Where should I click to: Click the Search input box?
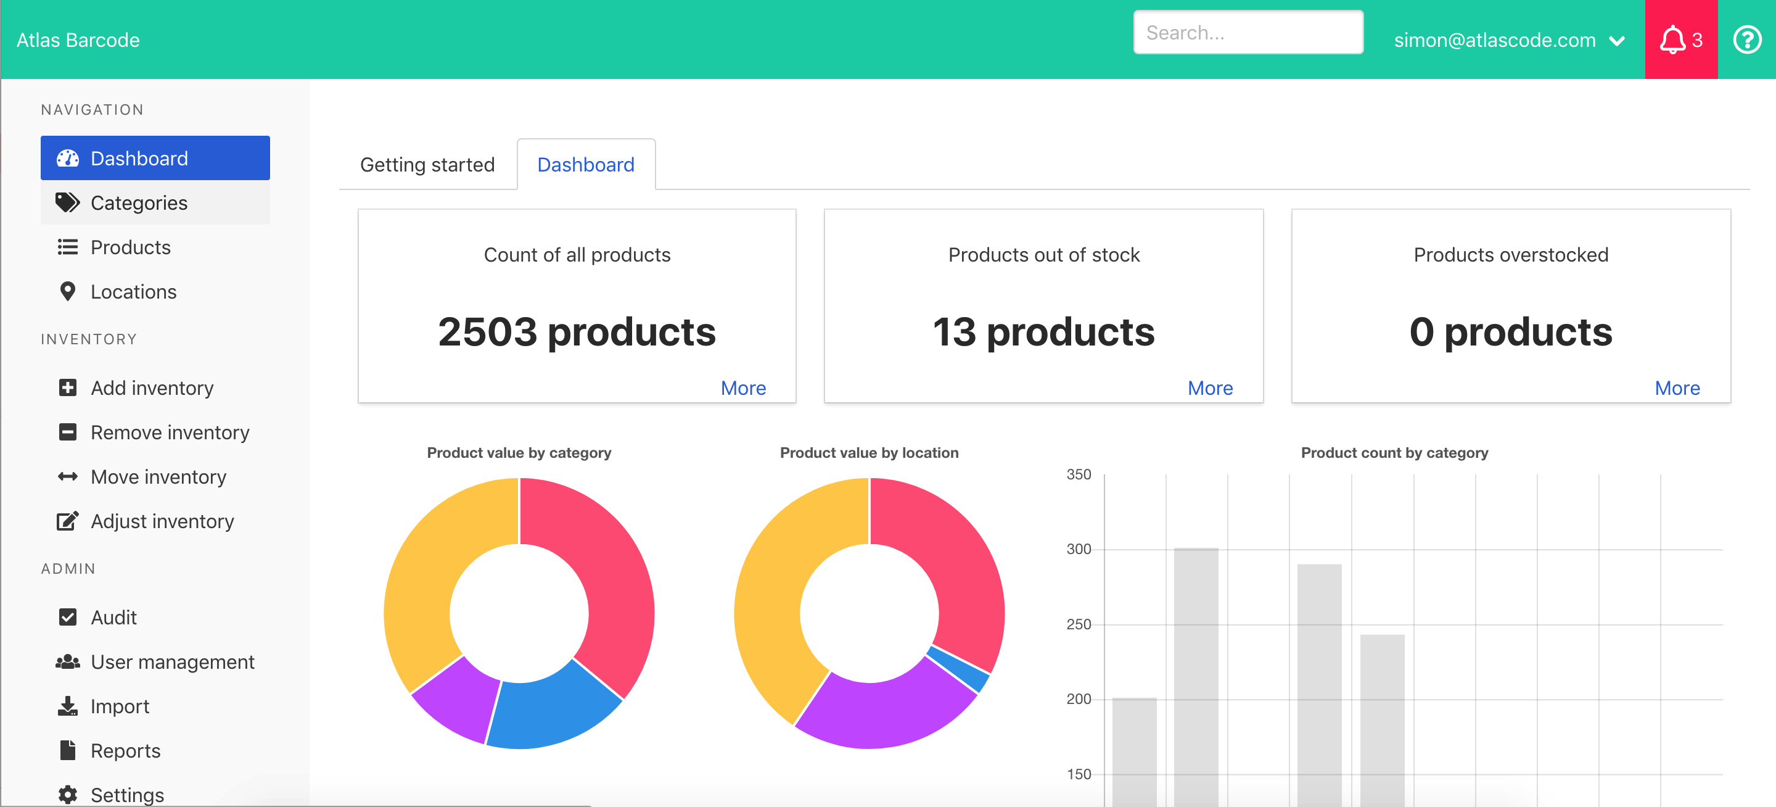point(1248,33)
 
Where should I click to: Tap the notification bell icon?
point(1672,40)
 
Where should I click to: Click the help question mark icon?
point(1746,40)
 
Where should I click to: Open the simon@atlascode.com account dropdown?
point(1508,40)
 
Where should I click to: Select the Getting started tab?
point(427,165)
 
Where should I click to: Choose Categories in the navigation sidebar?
point(139,203)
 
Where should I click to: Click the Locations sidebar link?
point(133,292)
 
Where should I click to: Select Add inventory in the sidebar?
point(152,387)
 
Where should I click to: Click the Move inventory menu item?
point(158,477)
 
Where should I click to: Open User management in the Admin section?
point(173,661)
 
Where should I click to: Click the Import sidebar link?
point(119,706)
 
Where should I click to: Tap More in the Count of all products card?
point(742,387)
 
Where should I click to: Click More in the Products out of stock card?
point(1210,387)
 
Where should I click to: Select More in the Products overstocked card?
point(1677,387)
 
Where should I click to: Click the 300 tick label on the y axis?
point(1079,549)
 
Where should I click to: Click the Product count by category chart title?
point(1394,452)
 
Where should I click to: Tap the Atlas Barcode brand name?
point(78,40)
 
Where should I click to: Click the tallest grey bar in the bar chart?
point(1196,676)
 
